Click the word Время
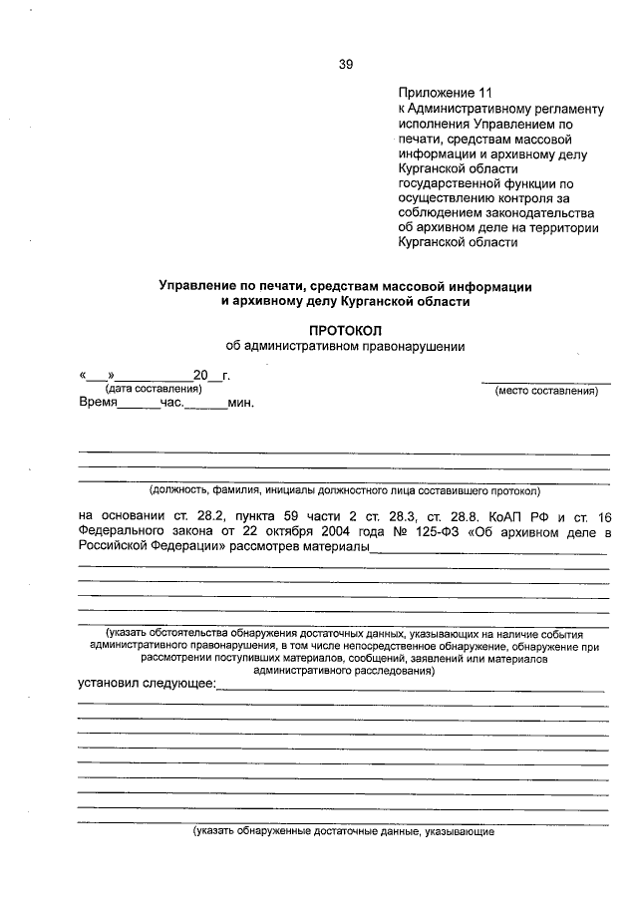click(98, 404)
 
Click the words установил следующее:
click(147, 684)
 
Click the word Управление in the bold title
click(194, 285)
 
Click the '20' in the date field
click(200, 375)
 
